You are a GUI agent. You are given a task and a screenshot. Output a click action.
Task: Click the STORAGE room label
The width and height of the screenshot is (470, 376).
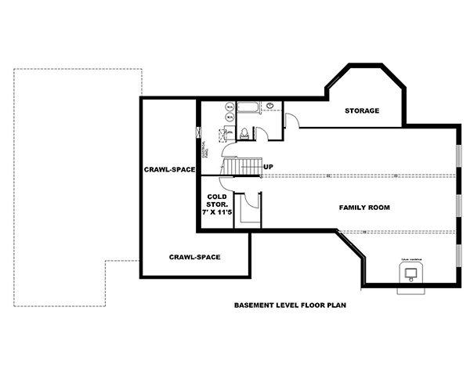coord(362,110)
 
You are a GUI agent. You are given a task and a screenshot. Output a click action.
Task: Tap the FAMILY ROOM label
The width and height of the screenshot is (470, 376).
coord(364,207)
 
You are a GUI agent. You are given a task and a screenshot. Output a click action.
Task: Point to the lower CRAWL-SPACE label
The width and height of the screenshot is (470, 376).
coord(193,257)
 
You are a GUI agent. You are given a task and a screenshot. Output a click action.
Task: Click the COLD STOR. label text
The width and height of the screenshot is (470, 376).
coord(218,201)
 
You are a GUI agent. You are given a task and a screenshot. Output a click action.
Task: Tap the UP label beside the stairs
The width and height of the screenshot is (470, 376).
coord(268,167)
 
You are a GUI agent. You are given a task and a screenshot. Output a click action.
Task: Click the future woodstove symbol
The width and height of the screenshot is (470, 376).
coord(410,273)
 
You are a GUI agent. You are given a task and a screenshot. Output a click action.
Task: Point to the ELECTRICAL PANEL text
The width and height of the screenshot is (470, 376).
coord(203,150)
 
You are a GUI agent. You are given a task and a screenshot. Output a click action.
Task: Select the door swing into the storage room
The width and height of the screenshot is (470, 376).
coord(291,120)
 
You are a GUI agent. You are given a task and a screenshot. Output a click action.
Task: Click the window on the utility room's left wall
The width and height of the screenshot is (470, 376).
coord(199,132)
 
